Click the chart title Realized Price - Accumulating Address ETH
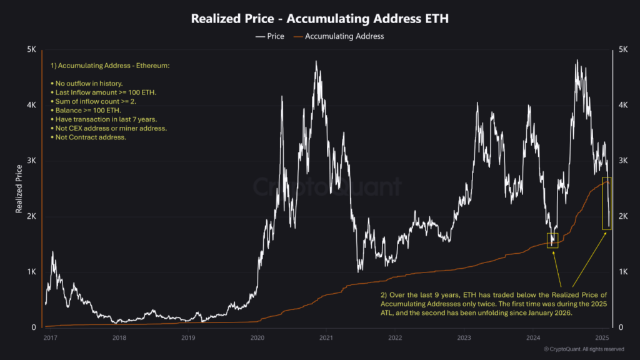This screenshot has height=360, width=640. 319,19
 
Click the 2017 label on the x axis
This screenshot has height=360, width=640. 51,338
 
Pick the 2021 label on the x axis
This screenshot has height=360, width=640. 326,338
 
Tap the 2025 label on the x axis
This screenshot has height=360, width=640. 602,338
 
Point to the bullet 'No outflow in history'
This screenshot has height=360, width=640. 86,83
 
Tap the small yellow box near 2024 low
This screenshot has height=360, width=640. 552,240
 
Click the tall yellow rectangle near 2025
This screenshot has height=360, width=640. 606,203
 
